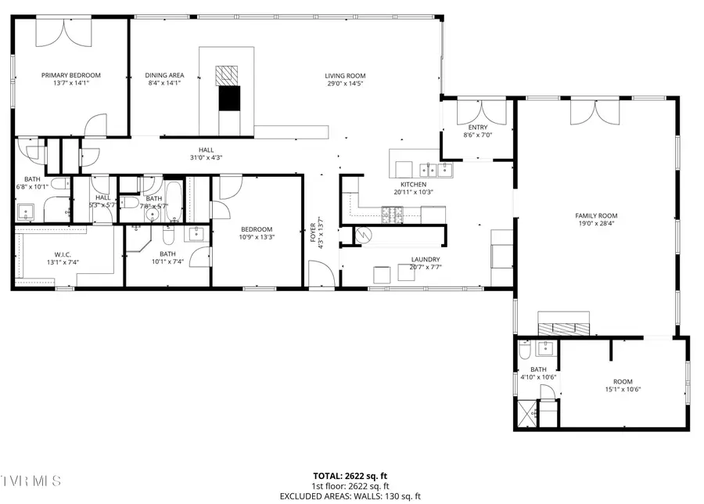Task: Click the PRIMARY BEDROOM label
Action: coord(71,76)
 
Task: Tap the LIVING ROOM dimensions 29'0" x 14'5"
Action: coord(345,83)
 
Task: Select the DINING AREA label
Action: coord(164,76)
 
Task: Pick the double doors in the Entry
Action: coord(477,112)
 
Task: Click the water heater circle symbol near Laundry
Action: coord(364,234)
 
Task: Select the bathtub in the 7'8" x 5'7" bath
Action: coord(172,202)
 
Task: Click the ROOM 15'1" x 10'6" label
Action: coord(623,384)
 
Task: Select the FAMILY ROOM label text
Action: coord(596,215)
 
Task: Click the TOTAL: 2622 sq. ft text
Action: coord(351,475)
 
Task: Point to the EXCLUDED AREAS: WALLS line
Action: coord(351,496)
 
